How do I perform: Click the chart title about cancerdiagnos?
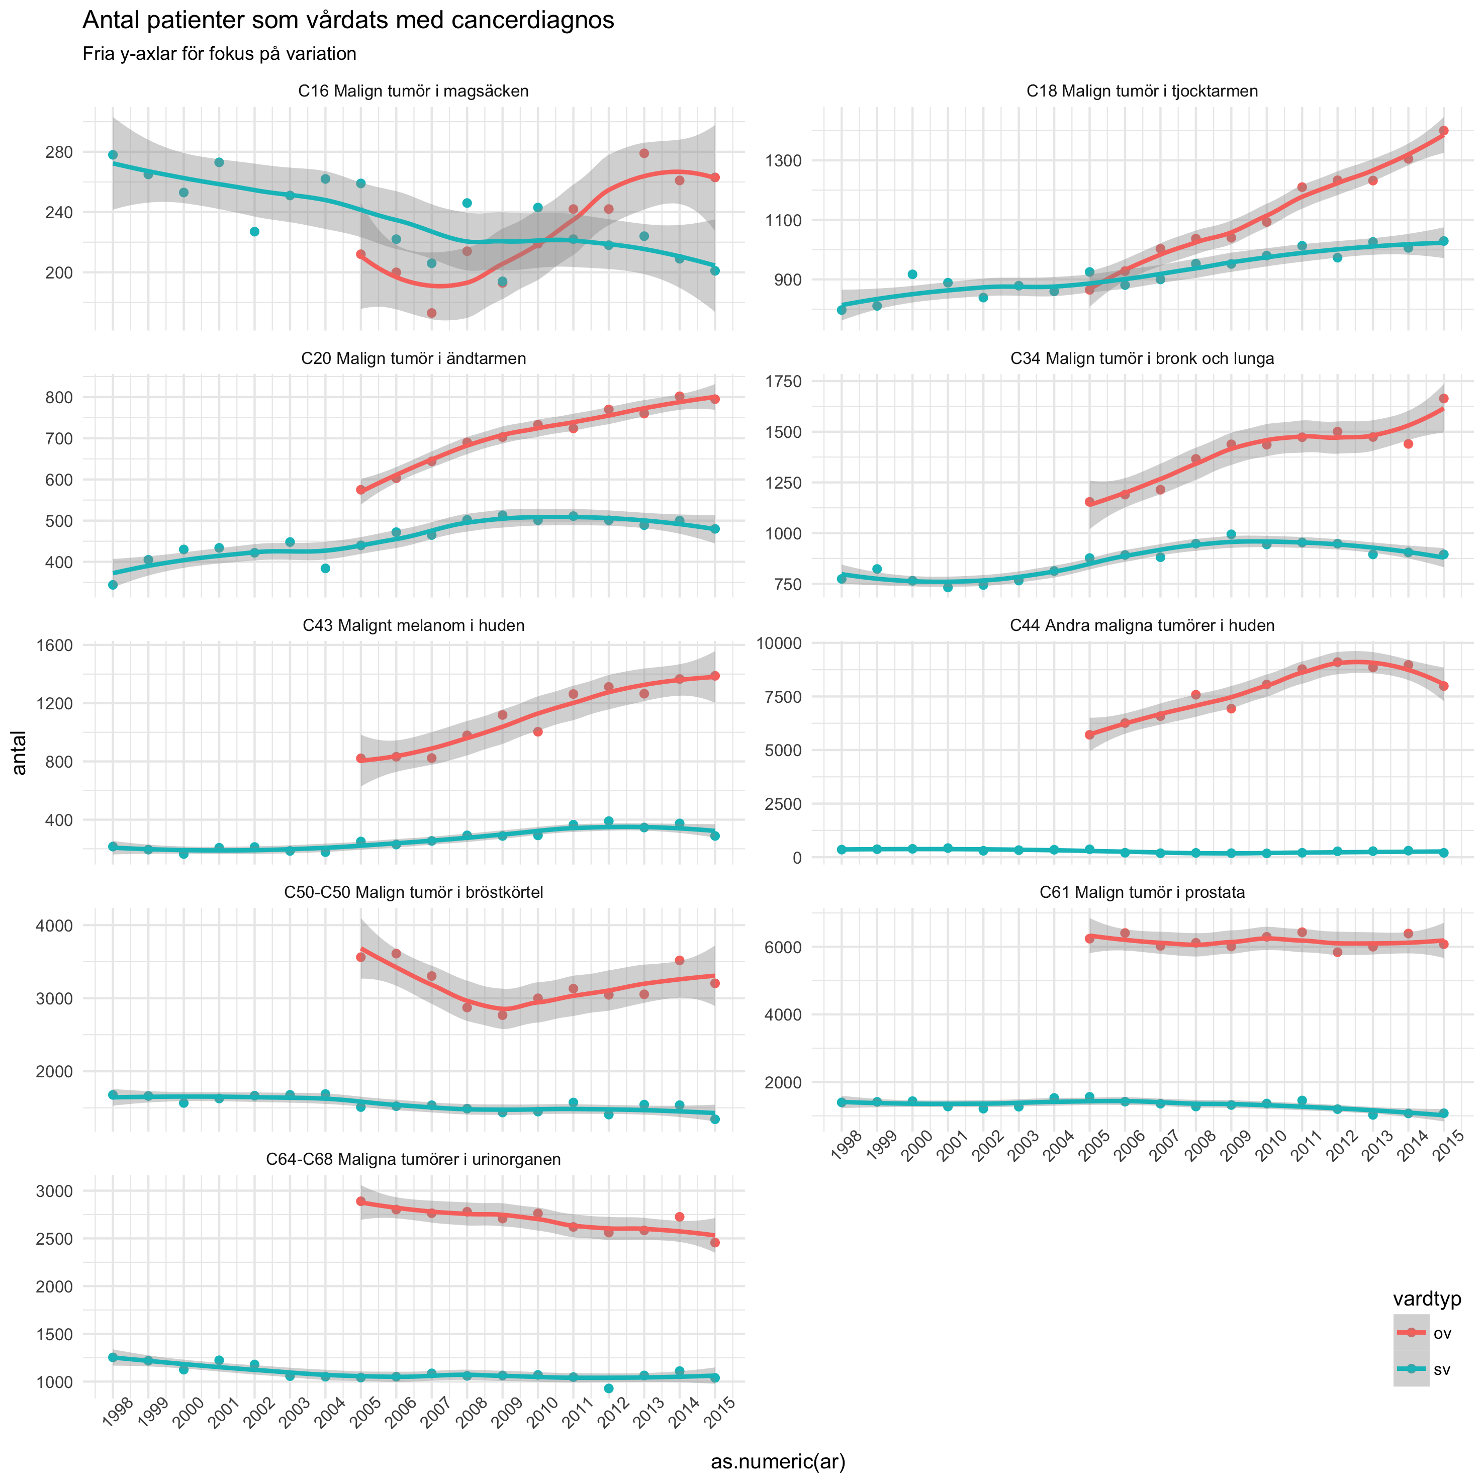[x=348, y=21]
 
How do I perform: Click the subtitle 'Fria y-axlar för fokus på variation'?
[x=219, y=54]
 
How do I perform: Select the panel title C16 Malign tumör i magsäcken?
[x=413, y=91]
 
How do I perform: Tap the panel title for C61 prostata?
[x=1142, y=892]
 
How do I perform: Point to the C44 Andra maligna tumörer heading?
[x=1142, y=625]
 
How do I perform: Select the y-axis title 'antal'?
[x=19, y=753]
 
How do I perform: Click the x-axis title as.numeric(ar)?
[x=777, y=1462]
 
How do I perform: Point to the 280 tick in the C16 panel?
[x=59, y=152]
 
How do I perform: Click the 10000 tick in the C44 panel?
[x=780, y=643]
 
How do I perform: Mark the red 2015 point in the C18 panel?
[x=1443, y=131]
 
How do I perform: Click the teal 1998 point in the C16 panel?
[x=113, y=155]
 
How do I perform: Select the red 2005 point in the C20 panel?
[x=361, y=490]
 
